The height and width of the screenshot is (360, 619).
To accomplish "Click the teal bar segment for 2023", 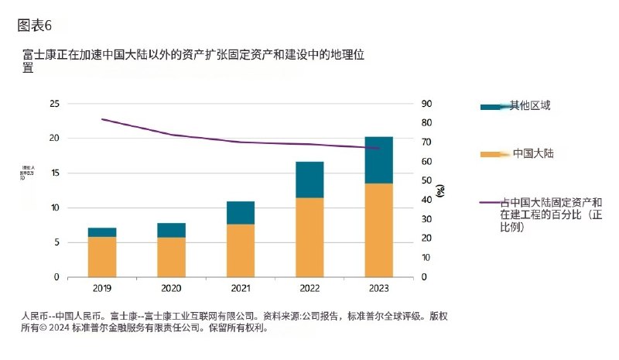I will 379,160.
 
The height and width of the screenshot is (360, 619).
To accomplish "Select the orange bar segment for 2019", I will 102,256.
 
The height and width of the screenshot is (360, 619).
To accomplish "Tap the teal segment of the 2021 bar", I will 241,213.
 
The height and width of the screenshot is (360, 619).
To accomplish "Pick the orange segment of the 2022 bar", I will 309,237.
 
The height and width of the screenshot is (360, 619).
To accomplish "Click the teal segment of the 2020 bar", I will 171,230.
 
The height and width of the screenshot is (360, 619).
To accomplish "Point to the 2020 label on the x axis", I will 171,289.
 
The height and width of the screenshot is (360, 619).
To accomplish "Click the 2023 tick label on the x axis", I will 379,289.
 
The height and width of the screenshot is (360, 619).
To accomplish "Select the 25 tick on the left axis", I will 53,104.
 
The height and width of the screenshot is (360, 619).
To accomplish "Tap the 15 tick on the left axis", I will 53,173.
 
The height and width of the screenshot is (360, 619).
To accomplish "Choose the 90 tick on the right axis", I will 426,104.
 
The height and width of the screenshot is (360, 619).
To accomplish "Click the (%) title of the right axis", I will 440,190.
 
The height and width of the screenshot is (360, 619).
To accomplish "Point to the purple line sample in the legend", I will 490,202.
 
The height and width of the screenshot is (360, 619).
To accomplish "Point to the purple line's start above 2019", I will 102,119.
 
